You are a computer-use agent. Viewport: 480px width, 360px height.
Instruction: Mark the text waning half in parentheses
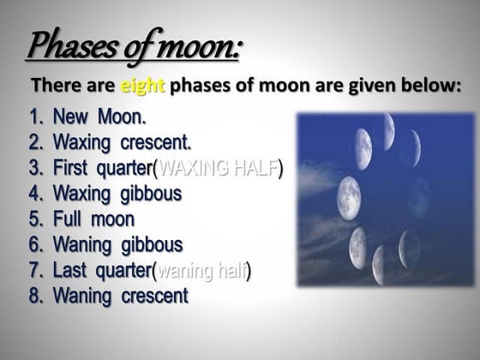tap(201, 271)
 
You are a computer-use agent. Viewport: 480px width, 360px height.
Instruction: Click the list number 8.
tap(35, 297)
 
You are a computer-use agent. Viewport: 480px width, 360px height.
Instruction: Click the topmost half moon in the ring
tap(387, 130)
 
